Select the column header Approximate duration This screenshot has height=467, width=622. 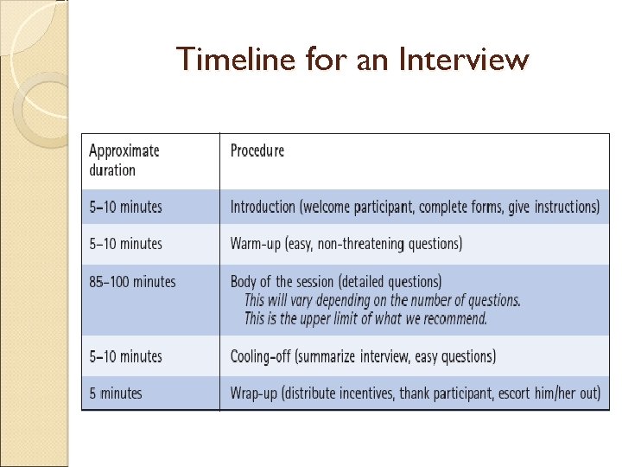click(x=124, y=160)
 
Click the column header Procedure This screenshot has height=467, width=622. click(x=257, y=150)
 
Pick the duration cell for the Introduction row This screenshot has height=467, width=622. click(x=125, y=207)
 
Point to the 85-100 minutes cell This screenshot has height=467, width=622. click(x=131, y=281)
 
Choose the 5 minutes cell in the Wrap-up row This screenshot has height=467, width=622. click(x=116, y=393)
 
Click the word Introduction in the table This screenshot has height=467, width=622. click(x=263, y=207)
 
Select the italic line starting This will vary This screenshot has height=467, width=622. click(x=382, y=300)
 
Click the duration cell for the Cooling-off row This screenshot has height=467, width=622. click(x=125, y=356)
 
